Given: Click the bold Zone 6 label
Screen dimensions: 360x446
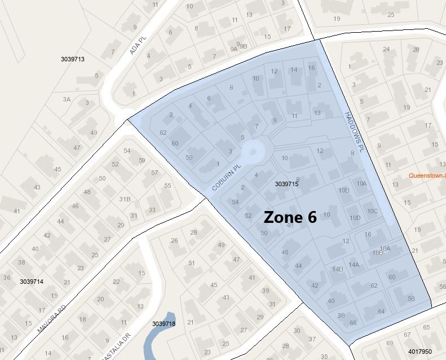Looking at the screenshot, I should coord(290,217).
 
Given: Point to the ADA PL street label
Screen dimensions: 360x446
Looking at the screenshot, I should coord(134,44).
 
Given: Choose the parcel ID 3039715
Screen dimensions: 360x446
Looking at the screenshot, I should coord(286,184).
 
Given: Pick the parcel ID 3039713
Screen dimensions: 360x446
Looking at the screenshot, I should coord(72,59).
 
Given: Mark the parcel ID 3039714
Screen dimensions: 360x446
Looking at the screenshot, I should coord(31,281).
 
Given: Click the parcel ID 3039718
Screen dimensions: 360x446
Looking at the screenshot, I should coord(164,324).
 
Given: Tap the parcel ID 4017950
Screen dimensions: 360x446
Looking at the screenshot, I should coord(421,352).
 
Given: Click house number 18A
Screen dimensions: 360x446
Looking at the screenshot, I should coord(385,248).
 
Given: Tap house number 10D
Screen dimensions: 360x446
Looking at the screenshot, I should coord(355,218).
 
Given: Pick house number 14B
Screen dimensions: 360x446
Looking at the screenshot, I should coord(338,269).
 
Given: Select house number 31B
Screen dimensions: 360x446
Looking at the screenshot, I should coord(125,199).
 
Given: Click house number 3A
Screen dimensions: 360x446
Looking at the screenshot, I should coord(67,99).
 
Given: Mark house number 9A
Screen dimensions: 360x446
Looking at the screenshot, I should coord(233,49).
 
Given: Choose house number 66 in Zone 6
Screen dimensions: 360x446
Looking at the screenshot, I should coord(353,323).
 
